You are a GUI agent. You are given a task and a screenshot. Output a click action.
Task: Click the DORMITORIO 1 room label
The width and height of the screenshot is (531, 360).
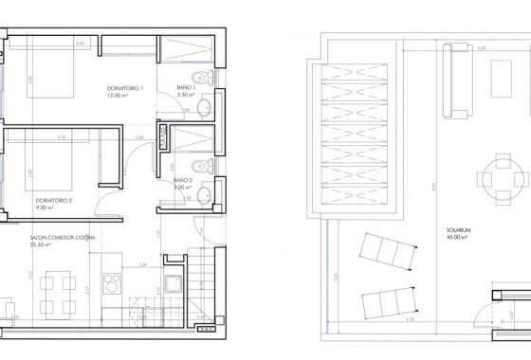(x=125, y=89)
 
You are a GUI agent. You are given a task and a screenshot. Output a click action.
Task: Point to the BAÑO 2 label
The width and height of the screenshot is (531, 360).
(x=184, y=180)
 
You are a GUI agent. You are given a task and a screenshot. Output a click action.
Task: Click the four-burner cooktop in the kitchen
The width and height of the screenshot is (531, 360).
(x=112, y=283)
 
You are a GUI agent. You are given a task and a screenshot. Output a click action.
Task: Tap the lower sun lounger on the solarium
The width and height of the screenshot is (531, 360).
(x=389, y=300)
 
